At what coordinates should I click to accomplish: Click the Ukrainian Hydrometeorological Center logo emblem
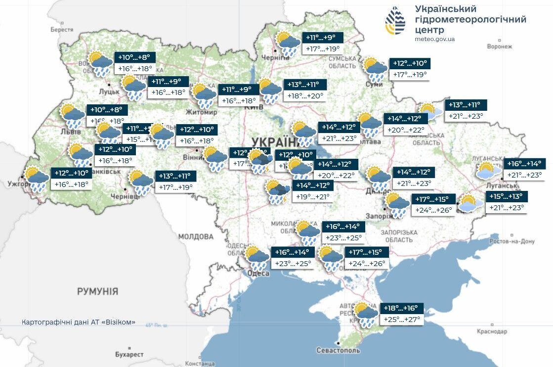395,21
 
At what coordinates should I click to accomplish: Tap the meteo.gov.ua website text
435,39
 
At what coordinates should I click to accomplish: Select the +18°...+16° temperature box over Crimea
403,308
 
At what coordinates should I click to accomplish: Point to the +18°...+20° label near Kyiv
304,96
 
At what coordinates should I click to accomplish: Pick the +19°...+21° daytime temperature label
312,197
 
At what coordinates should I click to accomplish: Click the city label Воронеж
499,46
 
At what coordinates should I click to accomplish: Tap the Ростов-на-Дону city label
512,241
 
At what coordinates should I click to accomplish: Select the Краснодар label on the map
492,331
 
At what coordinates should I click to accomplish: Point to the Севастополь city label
338,350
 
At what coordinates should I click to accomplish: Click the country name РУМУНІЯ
97,291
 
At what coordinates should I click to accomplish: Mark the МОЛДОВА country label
196,236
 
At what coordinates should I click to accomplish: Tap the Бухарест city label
129,354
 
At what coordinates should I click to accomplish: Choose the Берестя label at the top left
62,30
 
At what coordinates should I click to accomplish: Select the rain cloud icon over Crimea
367,314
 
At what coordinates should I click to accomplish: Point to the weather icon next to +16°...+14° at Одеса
257,257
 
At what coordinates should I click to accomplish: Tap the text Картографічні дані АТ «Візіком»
79,322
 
